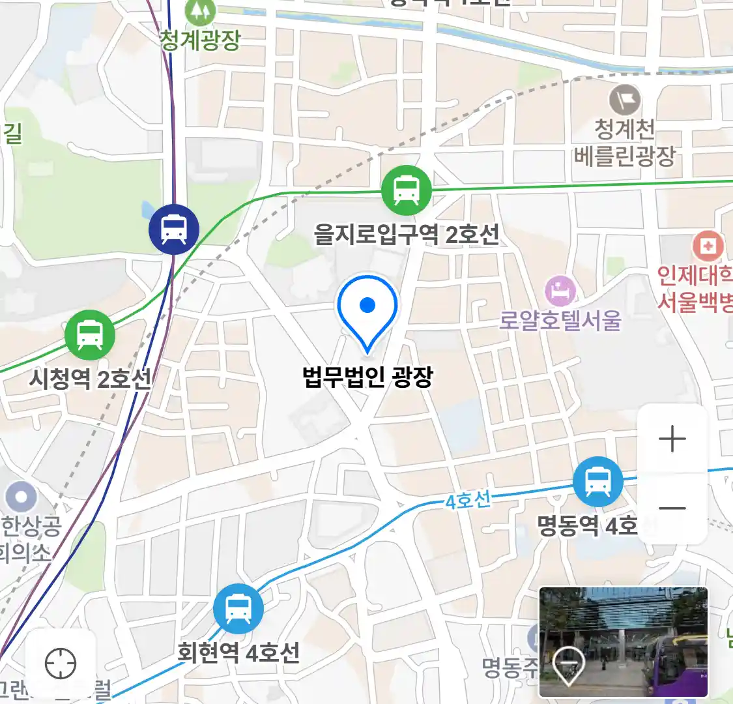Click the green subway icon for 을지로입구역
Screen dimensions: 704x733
(x=407, y=190)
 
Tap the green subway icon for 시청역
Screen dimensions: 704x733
(x=90, y=336)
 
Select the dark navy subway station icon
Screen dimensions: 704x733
(x=174, y=229)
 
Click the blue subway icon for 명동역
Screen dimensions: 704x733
(x=597, y=482)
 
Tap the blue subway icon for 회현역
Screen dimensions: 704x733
(x=238, y=609)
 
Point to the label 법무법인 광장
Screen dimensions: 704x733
(x=367, y=377)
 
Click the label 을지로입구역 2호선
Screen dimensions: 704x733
(x=407, y=234)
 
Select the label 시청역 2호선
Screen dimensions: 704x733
(x=90, y=379)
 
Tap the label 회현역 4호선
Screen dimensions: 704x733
(x=238, y=653)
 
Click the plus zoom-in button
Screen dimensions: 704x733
(x=672, y=439)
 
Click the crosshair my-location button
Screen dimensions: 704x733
(x=61, y=664)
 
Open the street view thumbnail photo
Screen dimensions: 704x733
(x=624, y=641)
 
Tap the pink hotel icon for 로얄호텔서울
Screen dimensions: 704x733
(x=560, y=291)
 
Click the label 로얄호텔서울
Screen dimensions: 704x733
(x=560, y=321)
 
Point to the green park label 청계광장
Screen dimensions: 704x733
(x=200, y=40)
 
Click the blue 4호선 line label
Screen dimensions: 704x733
(x=468, y=501)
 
